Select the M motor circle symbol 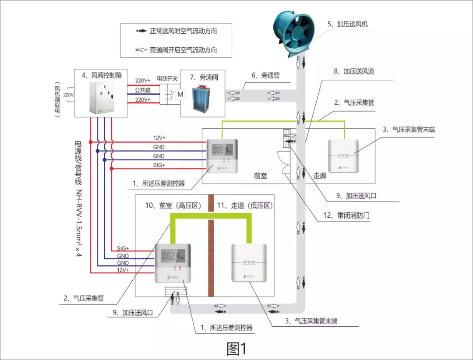pyautogui.click(x=179, y=93)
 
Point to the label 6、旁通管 pyautogui.click(x=265, y=75)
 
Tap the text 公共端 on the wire pyautogui.click(x=143, y=90)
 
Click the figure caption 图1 pyautogui.click(x=237, y=349)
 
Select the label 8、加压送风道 pyautogui.click(x=353, y=71)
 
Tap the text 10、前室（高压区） pyautogui.click(x=173, y=205)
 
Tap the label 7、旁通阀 pyautogui.click(x=204, y=77)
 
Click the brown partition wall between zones pyautogui.click(x=211, y=254)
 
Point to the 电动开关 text pyautogui.click(x=167, y=79)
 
